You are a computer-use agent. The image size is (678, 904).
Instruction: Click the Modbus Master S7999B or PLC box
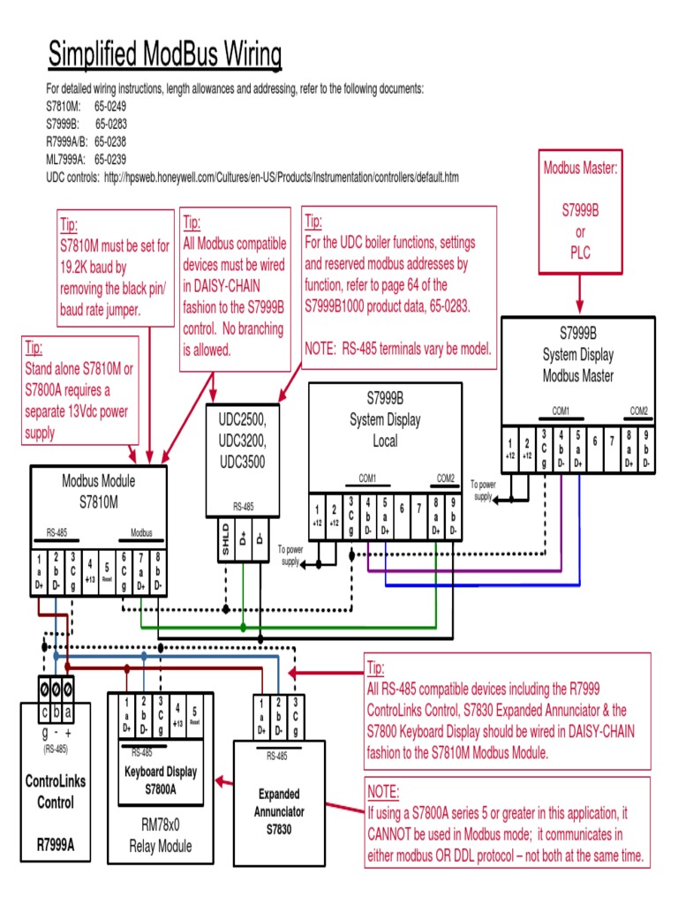click(x=580, y=210)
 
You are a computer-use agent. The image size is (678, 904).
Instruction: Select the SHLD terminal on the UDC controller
click(x=226, y=540)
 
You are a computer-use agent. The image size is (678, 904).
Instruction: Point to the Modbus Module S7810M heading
click(x=98, y=490)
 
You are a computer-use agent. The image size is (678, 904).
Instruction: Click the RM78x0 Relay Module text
click(x=160, y=837)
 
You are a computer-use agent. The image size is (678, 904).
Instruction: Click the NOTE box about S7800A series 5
click(x=507, y=823)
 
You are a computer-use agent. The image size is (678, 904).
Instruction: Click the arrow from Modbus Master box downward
click(x=579, y=291)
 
